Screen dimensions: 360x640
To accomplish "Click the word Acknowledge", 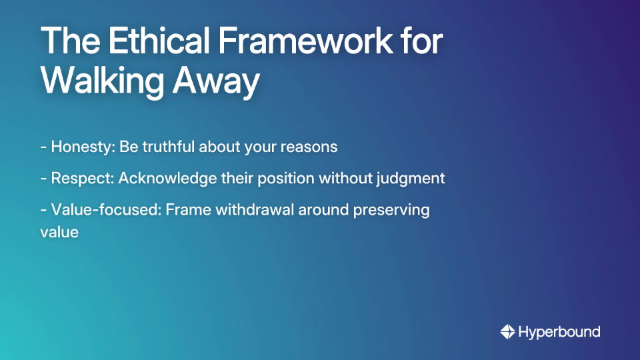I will (x=167, y=179).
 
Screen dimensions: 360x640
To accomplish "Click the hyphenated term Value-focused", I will (x=106, y=210).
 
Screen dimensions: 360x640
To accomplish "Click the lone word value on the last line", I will (x=59, y=233).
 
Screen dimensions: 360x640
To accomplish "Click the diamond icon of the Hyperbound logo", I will (x=507, y=331).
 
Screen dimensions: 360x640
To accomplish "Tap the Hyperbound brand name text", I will (x=559, y=331).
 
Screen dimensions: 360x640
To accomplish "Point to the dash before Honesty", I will (x=43, y=147).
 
